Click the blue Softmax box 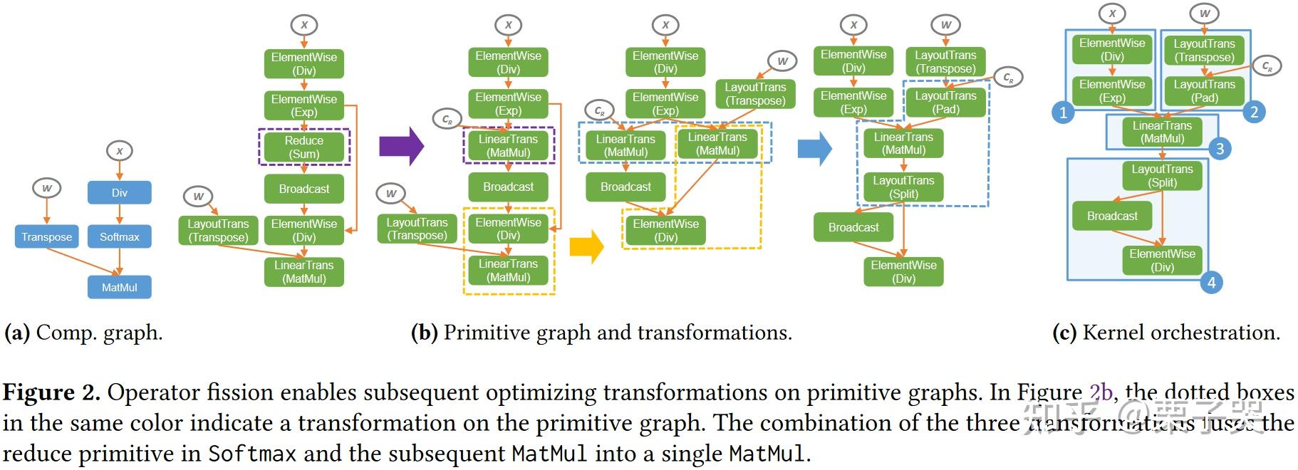[119, 236]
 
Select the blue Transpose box [46, 236]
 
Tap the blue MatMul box [119, 287]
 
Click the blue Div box [119, 192]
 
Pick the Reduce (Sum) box [303, 147]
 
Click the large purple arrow [400, 147]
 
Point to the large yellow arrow [586, 246]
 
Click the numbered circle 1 [1063, 112]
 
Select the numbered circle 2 [1254, 111]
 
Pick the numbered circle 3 [1220, 148]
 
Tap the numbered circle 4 [1211, 283]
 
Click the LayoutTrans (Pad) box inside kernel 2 [1204, 91]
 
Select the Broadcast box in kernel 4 [1111, 216]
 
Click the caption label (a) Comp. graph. [83, 333]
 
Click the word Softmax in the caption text [252, 454]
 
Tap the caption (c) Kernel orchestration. [1165, 333]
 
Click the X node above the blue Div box [119, 151]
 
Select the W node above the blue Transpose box [46, 188]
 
